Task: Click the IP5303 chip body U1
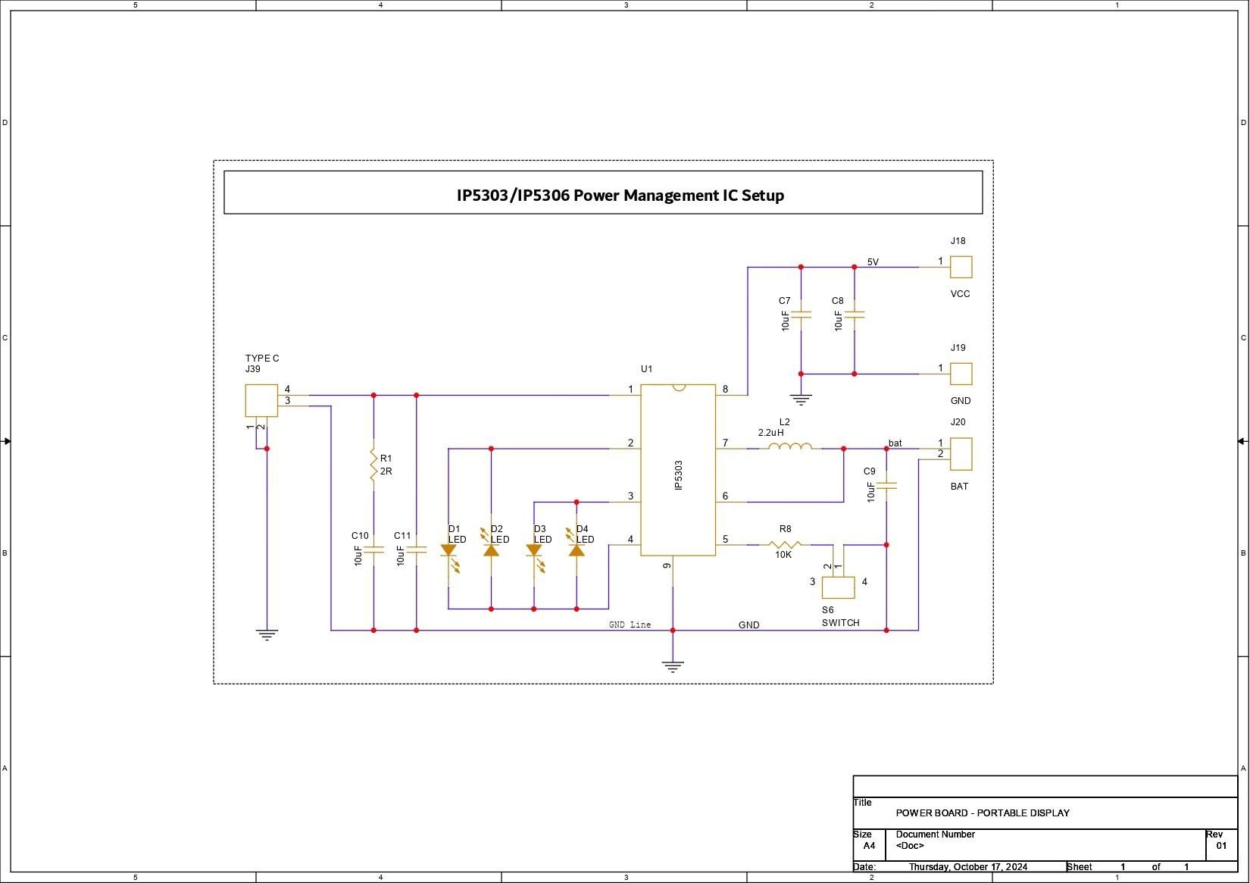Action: tap(678, 470)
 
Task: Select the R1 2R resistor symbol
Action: tap(373, 465)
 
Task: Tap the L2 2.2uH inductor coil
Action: tap(790, 446)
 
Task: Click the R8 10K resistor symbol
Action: tap(785, 544)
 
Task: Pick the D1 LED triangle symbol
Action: tap(448, 551)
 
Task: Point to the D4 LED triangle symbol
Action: tap(577, 551)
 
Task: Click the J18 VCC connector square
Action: tap(961, 267)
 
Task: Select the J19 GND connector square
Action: tap(961, 374)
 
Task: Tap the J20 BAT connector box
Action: tap(961, 454)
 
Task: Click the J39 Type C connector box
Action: tap(261, 400)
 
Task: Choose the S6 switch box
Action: tap(838, 587)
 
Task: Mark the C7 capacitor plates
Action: tap(801, 315)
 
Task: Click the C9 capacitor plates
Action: tap(886, 486)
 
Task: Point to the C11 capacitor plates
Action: tap(417, 550)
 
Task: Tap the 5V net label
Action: tap(873, 261)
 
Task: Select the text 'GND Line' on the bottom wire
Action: tap(630, 625)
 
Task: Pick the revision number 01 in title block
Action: tap(1221, 846)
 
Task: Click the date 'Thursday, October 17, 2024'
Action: tap(968, 867)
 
